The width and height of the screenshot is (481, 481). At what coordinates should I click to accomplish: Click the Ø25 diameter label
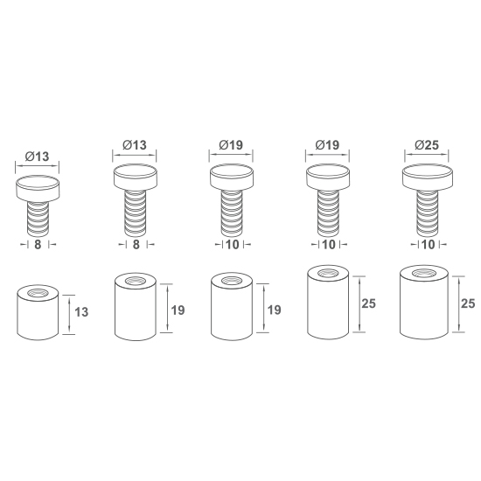[x=427, y=145]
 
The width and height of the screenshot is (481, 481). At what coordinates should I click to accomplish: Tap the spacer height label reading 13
[x=81, y=312]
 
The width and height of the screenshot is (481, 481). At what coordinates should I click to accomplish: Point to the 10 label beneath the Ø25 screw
[x=429, y=245]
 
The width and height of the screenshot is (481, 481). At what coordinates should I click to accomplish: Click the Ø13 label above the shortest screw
[x=37, y=157]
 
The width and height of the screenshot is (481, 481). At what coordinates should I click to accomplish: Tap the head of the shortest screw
[x=38, y=188]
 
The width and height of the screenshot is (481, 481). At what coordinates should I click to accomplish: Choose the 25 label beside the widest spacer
[x=468, y=303]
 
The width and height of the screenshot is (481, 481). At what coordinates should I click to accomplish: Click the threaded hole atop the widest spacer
[x=424, y=274]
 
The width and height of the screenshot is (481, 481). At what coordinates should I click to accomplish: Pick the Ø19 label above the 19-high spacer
[x=231, y=145]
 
